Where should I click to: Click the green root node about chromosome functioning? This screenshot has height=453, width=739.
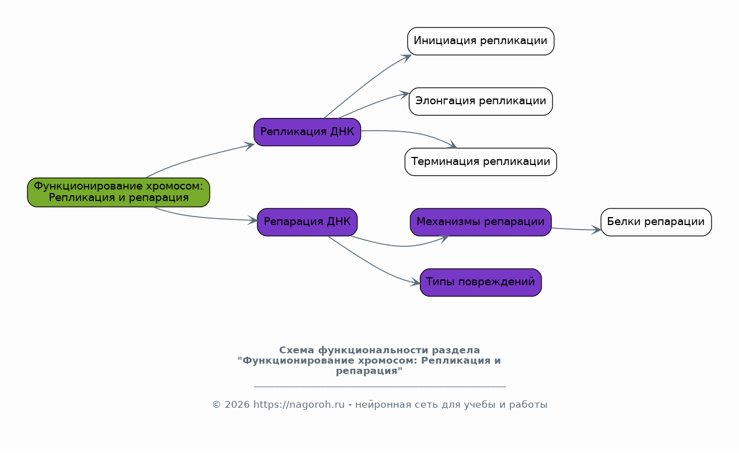[118, 192]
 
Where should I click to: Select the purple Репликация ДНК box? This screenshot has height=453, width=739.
[307, 132]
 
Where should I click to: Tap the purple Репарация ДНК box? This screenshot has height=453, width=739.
[307, 222]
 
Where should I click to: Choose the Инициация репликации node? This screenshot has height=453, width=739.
[480, 41]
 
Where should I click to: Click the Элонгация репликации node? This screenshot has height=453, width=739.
[480, 101]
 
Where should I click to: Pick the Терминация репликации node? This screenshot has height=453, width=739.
[480, 162]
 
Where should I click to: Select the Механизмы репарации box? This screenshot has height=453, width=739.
[480, 222]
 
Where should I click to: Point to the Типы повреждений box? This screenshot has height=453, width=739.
[480, 282]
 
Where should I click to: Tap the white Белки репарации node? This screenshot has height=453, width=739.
[656, 222]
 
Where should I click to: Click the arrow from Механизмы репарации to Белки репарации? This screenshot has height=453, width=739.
[577, 229]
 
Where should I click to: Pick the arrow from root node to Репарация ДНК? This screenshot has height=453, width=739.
[205, 217]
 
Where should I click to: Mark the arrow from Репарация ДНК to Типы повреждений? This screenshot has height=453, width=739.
[373, 265]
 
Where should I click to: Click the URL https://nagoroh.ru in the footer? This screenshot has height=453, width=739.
[299, 404]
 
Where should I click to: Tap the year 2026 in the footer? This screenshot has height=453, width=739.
[237, 404]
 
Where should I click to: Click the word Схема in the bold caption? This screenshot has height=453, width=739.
[297, 350]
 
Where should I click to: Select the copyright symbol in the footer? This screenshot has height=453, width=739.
[216, 405]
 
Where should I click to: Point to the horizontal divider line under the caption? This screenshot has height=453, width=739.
[380, 386]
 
